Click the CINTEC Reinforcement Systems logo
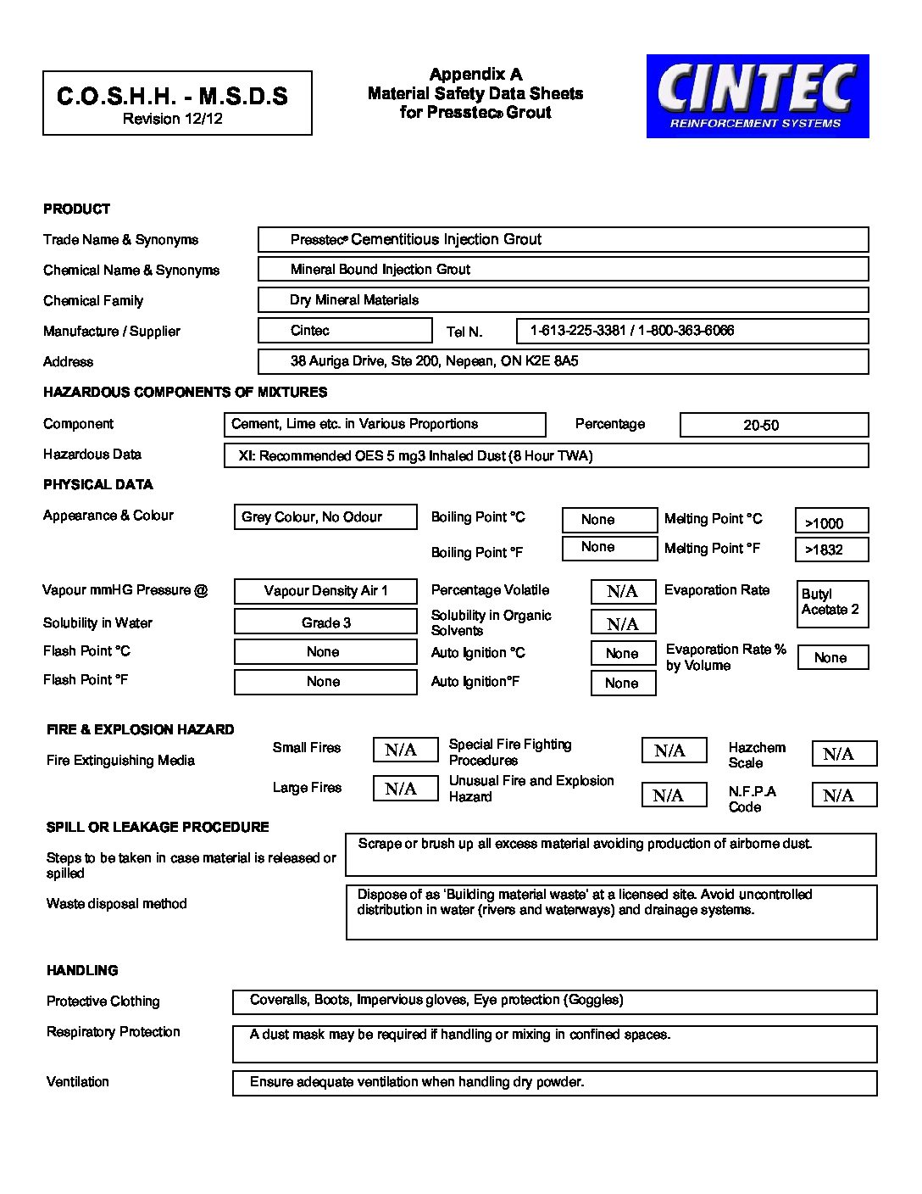point(757,96)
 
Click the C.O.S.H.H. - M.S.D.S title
point(172,97)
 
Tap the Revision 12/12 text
point(172,119)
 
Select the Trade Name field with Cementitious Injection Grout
point(563,239)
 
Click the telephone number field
point(691,331)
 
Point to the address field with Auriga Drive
point(563,361)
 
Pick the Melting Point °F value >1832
point(830,550)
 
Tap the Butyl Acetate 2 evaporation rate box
point(832,603)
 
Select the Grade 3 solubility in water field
point(325,622)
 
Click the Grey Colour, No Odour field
point(325,516)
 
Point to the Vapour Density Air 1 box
point(325,590)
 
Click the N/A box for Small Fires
point(405,750)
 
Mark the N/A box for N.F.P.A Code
point(844,795)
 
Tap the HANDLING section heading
point(82,970)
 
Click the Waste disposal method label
point(117,904)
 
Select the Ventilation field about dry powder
point(554,1083)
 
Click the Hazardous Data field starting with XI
point(546,455)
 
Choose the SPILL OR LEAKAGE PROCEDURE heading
point(158,827)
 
